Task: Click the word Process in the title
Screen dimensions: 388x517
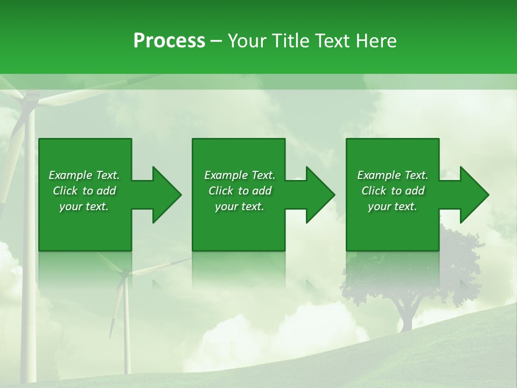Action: point(169,41)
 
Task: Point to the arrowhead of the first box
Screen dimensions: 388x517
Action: point(167,195)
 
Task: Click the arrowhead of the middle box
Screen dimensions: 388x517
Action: point(320,195)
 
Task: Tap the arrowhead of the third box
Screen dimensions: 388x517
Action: point(474,195)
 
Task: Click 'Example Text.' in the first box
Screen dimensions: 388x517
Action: point(84,175)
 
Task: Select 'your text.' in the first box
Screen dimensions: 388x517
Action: point(84,206)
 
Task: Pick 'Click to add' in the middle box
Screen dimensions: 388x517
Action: point(240,191)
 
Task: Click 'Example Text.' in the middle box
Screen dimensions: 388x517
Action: point(240,175)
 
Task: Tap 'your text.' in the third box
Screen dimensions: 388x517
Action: point(393,206)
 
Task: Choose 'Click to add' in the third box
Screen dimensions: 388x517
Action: point(393,191)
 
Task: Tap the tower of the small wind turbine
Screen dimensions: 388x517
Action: point(127,334)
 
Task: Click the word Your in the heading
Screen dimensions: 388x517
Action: point(248,41)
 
